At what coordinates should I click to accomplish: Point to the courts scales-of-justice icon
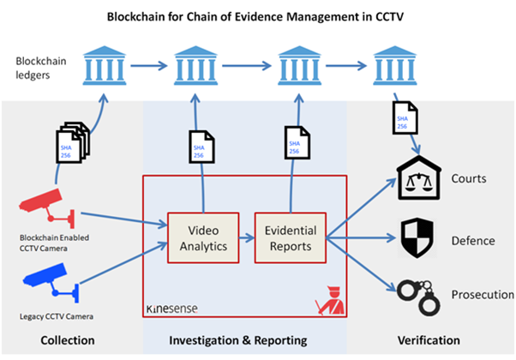[x=419, y=181]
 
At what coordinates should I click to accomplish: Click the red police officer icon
[x=327, y=301]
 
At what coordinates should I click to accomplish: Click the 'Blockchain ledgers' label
[x=39, y=68]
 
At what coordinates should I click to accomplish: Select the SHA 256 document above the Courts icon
[x=402, y=117]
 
